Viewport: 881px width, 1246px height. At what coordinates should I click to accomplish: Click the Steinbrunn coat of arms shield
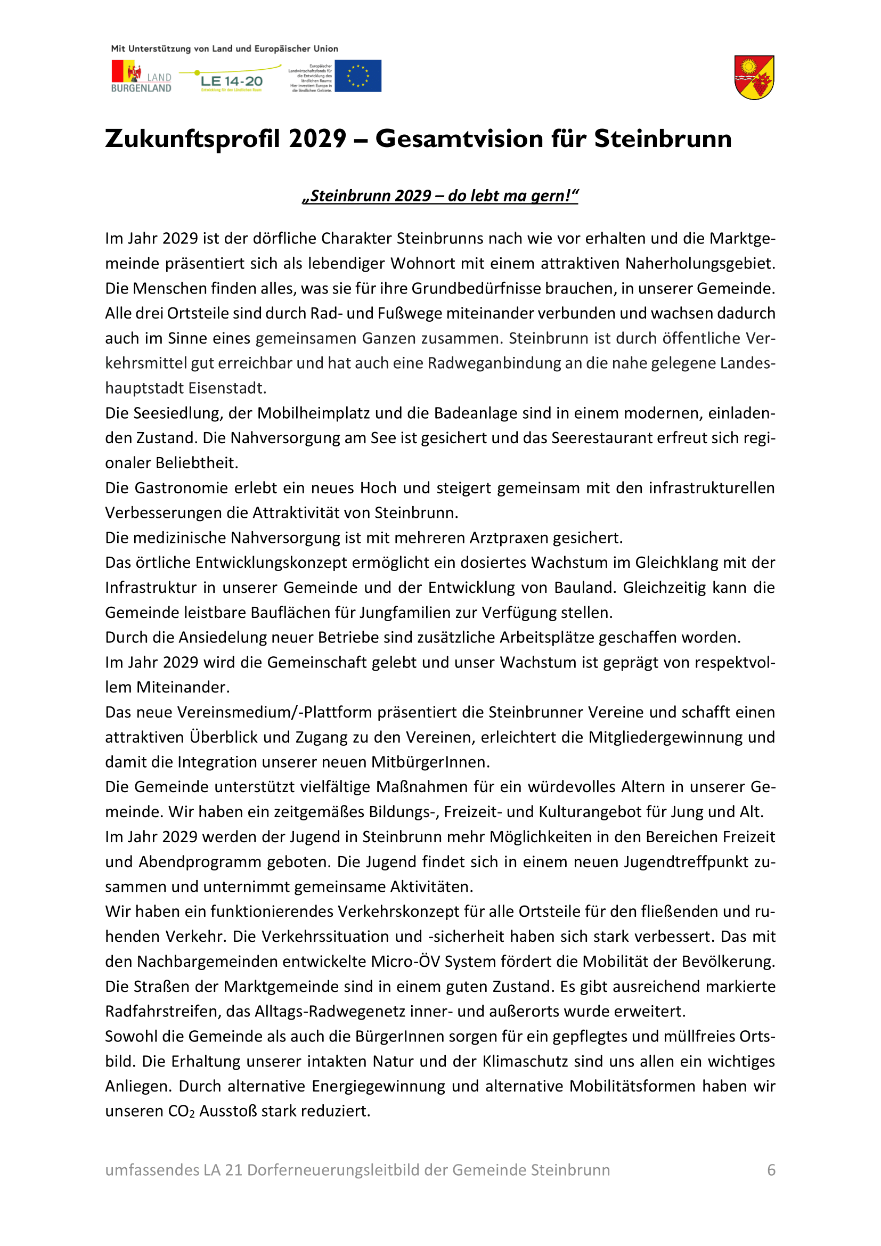(754, 78)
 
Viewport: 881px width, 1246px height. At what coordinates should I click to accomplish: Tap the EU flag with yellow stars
(357, 76)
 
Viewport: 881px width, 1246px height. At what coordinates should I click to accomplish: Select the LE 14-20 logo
(231, 81)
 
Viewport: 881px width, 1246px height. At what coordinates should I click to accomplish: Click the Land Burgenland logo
(141, 77)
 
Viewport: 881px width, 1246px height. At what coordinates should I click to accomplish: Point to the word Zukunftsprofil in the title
(195, 139)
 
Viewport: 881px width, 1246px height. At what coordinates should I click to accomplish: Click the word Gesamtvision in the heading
(459, 139)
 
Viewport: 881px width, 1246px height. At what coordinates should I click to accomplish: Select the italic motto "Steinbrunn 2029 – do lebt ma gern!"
(440, 196)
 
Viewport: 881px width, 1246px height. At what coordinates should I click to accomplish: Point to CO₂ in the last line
(181, 1111)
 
